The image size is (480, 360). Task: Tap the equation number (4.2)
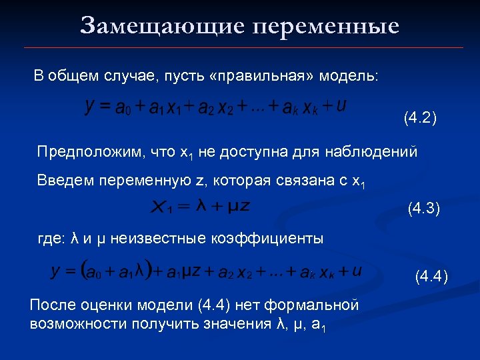tap(420, 119)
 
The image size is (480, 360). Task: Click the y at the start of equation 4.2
tap(89, 107)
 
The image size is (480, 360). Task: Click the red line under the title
tap(243, 48)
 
